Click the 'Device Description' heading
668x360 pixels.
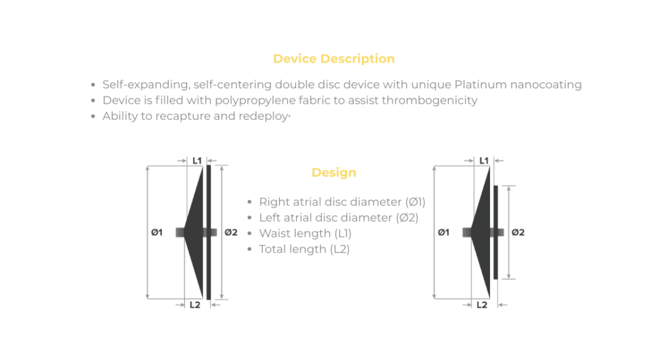coord(333,59)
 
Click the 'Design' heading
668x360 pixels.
coord(333,173)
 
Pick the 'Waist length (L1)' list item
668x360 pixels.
coord(305,233)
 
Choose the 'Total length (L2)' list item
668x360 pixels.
coord(304,249)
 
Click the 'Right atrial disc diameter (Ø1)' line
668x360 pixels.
coord(342,202)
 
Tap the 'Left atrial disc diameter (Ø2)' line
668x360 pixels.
coord(339,218)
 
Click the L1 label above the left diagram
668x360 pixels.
coord(196,160)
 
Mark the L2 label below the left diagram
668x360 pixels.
coord(194,305)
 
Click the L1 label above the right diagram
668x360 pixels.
coord(483,160)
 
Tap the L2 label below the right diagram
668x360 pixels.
coord(481,305)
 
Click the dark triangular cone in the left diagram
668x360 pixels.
coord(196,232)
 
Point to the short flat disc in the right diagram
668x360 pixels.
coord(496,232)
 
